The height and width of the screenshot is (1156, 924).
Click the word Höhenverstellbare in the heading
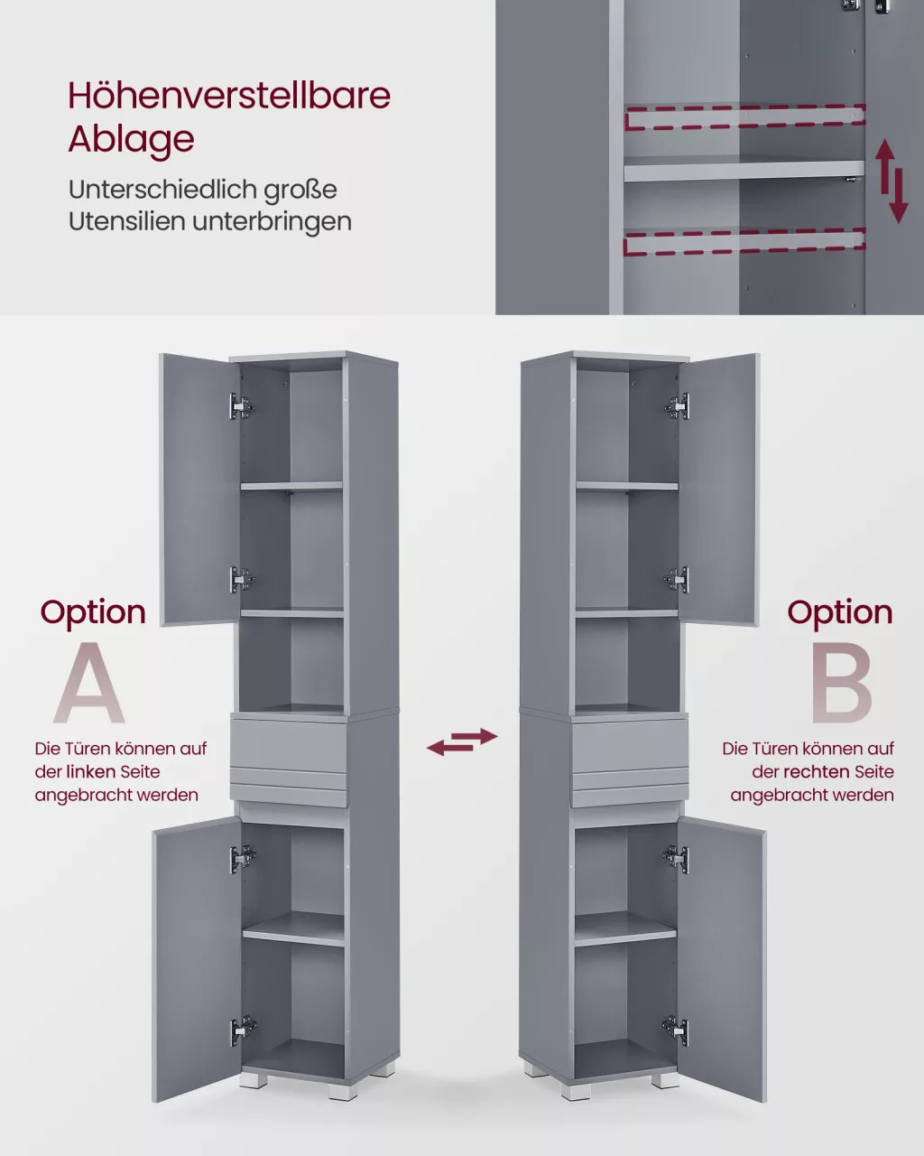(x=229, y=96)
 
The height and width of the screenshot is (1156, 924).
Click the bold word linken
(x=91, y=772)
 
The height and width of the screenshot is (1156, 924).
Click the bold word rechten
(x=816, y=772)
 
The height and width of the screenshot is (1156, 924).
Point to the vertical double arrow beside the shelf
(x=892, y=181)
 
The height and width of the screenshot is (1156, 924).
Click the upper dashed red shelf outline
(x=745, y=117)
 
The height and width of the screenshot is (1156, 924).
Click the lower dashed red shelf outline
(x=744, y=240)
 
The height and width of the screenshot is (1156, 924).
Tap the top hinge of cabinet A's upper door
(x=242, y=406)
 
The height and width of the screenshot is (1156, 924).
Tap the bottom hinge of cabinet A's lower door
(x=244, y=1030)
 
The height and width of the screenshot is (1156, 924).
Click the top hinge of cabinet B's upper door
(x=678, y=406)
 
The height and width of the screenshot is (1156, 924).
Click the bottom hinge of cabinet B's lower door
(x=676, y=1030)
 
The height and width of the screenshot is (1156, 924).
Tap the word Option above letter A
(x=93, y=613)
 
